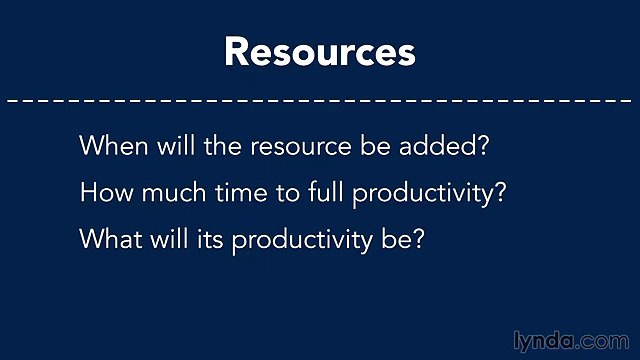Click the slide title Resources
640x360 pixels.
point(319,51)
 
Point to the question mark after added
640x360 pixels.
point(480,146)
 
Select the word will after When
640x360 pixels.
point(168,146)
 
